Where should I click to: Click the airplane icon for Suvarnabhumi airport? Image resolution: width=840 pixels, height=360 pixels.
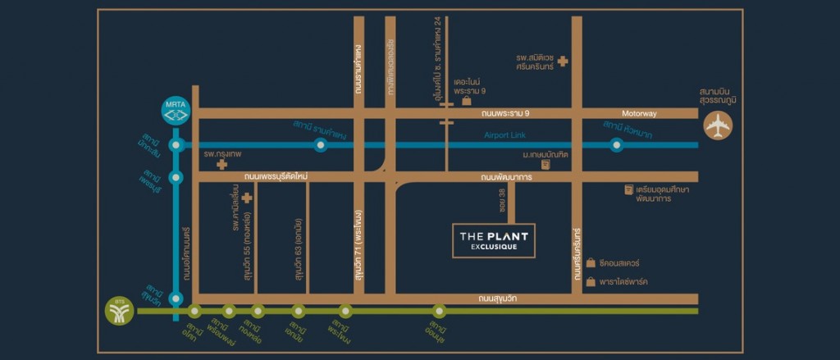coord(718,125)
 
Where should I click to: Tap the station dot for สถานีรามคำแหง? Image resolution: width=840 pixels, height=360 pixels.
coord(321,145)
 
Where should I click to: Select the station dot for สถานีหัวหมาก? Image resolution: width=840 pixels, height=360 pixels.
coord(616,145)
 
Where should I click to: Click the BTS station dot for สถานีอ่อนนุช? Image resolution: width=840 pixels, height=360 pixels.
coord(439,311)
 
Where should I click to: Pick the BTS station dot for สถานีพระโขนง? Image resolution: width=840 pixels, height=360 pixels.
coord(345,311)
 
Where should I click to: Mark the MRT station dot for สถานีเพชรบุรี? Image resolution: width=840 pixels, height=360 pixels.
coord(175,177)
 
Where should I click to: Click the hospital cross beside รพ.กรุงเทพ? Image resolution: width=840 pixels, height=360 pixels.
coord(221,164)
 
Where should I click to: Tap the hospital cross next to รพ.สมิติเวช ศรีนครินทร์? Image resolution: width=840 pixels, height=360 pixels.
coord(562,61)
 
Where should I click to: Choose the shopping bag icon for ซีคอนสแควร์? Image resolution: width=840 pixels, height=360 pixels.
coord(591,264)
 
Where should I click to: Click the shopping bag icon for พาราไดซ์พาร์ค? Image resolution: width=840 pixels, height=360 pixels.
coord(591,282)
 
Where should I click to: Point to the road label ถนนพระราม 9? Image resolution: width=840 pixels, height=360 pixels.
coord(506,113)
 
